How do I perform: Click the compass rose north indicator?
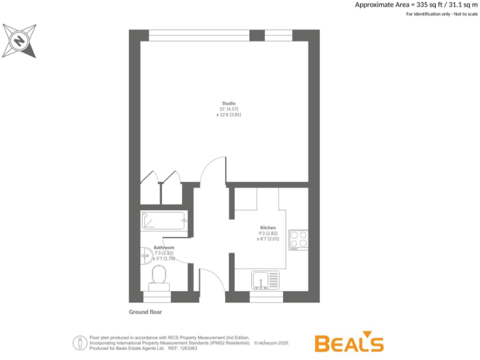coord(19,41)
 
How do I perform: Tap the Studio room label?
coord(229,103)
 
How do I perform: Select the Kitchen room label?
coord(268,227)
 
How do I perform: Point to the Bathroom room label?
coord(164,247)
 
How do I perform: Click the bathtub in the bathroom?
coord(164,221)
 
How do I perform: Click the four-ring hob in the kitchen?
coord(298,240)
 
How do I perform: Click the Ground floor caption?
coord(146,311)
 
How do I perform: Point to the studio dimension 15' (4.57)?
coord(229,109)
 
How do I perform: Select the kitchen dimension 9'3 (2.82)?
coord(268,233)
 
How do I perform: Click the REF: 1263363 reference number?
coord(183,348)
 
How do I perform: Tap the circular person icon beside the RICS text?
coord(80,342)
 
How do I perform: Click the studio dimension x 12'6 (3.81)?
coord(229,115)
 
